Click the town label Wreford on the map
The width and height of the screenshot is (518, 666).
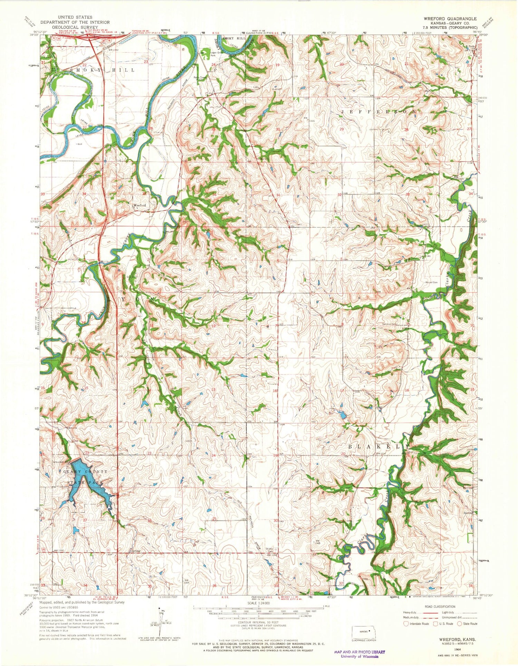(x=140, y=205)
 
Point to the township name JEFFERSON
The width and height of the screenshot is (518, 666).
(x=378, y=112)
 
